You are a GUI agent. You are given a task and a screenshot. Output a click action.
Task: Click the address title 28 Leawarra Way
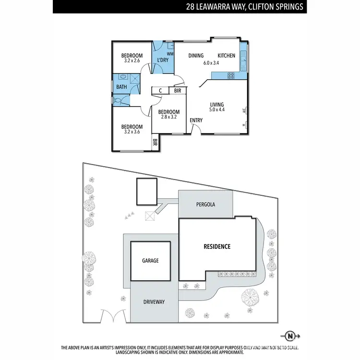coord(245,7)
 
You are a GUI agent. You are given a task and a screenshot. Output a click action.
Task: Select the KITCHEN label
coord(226,56)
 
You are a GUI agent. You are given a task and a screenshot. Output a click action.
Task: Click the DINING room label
coord(196,56)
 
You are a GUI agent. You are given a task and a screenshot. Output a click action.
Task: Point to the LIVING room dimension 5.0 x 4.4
coord(217,110)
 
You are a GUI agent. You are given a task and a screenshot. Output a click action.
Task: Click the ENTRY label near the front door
coord(196,120)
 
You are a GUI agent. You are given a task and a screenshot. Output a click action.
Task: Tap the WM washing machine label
coord(169,54)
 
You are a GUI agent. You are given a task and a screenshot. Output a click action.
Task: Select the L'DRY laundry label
coord(159,60)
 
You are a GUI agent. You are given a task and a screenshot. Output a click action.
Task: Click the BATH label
coord(121,87)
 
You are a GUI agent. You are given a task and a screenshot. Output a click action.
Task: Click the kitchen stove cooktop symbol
coord(230,75)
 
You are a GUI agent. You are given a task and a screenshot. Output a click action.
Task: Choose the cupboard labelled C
coord(160,90)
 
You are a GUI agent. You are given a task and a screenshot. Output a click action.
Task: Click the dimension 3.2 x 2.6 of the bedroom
coord(132,60)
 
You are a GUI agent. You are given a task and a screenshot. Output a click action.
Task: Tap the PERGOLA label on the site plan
coord(205,204)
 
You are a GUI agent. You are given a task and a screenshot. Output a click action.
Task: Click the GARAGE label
coord(150,261)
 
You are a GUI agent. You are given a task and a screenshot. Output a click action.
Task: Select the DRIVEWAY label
coord(154,302)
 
